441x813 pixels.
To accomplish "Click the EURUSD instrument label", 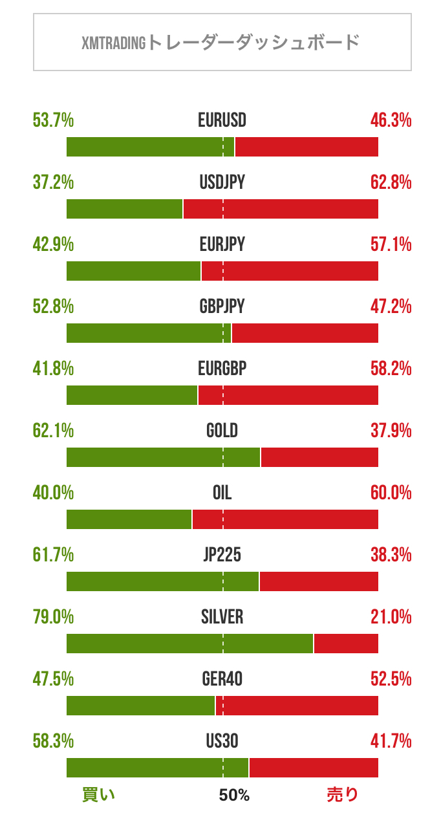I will pyautogui.click(x=222, y=120).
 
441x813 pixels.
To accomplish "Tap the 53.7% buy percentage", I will pyautogui.click(x=53, y=120).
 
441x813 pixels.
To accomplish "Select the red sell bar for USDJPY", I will pyautogui.click(x=281, y=209).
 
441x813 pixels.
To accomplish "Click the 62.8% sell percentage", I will pyautogui.click(x=391, y=182).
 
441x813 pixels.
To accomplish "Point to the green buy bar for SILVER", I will pyautogui.click(x=189, y=644).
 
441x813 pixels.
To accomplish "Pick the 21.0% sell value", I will pyautogui.click(x=391, y=617).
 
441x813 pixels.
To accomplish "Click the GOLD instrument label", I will pyautogui.click(x=222, y=431).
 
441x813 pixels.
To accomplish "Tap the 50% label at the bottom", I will pyautogui.click(x=233, y=795).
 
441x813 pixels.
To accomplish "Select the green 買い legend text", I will pyautogui.click(x=99, y=795).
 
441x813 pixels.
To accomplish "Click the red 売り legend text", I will pyautogui.click(x=342, y=795).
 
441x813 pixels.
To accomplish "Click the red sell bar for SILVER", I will pyautogui.click(x=346, y=644).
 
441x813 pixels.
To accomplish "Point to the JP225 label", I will pyautogui.click(x=222, y=555).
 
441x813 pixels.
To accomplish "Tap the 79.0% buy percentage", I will pyautogui.click(x=53, y=617).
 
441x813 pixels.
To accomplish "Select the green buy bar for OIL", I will pyautogui.click(x=129, y=519).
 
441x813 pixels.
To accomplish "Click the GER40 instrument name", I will pyautogui.click(x=222, y=679).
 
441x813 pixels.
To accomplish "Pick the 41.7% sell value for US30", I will pyautogui.click(x=391, y=741).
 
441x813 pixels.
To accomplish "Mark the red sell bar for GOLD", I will pyautogui.click(x=319, y=457).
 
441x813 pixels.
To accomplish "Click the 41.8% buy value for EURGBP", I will pyautogui.click(x=53, y=369).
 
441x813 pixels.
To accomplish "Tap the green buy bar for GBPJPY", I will pyautogui.click(x=149, y=333).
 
